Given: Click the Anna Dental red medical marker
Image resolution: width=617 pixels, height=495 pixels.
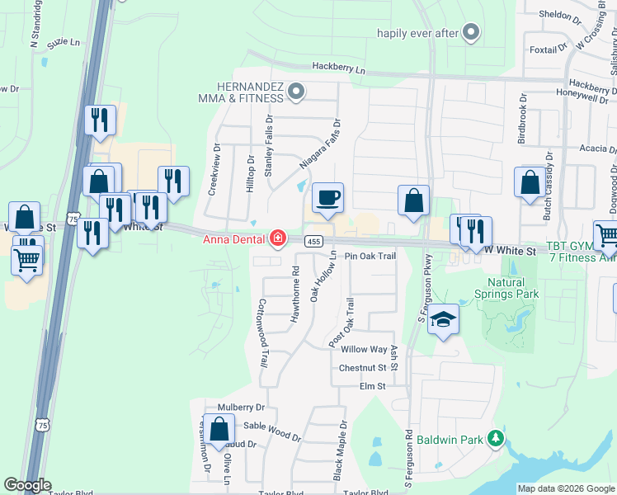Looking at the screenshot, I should tap(278, 239).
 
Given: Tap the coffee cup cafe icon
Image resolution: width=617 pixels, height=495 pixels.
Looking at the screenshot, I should tap(328, 198).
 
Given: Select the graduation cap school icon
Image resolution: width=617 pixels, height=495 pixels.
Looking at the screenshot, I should tap(444, 320).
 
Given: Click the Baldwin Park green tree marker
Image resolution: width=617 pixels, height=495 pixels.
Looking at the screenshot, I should tap(496, 439).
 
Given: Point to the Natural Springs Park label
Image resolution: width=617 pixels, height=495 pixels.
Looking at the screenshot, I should tap(506, 288).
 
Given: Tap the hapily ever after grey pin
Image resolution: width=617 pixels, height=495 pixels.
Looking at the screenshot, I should tap(471, 34).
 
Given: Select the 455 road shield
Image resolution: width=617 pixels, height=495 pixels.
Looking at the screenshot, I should tap(313, 241).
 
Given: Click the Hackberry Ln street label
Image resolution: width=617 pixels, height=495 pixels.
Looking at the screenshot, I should tap(338, 69).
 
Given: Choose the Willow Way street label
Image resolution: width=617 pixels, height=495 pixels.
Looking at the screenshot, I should tap(364, 350).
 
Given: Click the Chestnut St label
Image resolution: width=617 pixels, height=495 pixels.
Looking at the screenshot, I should tap(362, 367).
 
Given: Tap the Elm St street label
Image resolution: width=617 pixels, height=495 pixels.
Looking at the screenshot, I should tap(372, 385).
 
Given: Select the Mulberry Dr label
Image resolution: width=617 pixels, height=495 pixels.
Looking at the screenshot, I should tap(241, 408).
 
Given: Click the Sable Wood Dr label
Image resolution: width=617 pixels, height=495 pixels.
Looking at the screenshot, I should tap(271, 427).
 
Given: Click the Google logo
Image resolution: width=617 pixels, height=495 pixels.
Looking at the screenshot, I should tap(27, 485).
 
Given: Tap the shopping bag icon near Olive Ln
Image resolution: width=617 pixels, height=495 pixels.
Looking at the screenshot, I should tap(219, 430).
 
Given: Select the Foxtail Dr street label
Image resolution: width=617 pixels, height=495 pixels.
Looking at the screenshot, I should tap(547, 49).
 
